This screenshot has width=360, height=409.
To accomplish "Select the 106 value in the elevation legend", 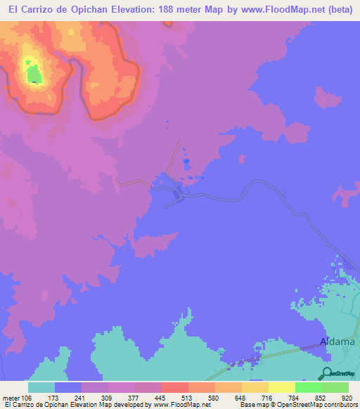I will (27, 397).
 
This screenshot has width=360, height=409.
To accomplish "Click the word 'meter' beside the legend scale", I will (11, 397).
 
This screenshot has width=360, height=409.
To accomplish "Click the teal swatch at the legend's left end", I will (41, 387).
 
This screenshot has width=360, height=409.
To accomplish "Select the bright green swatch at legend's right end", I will (335, 387).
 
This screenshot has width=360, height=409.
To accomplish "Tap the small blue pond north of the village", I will (186, 162).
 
